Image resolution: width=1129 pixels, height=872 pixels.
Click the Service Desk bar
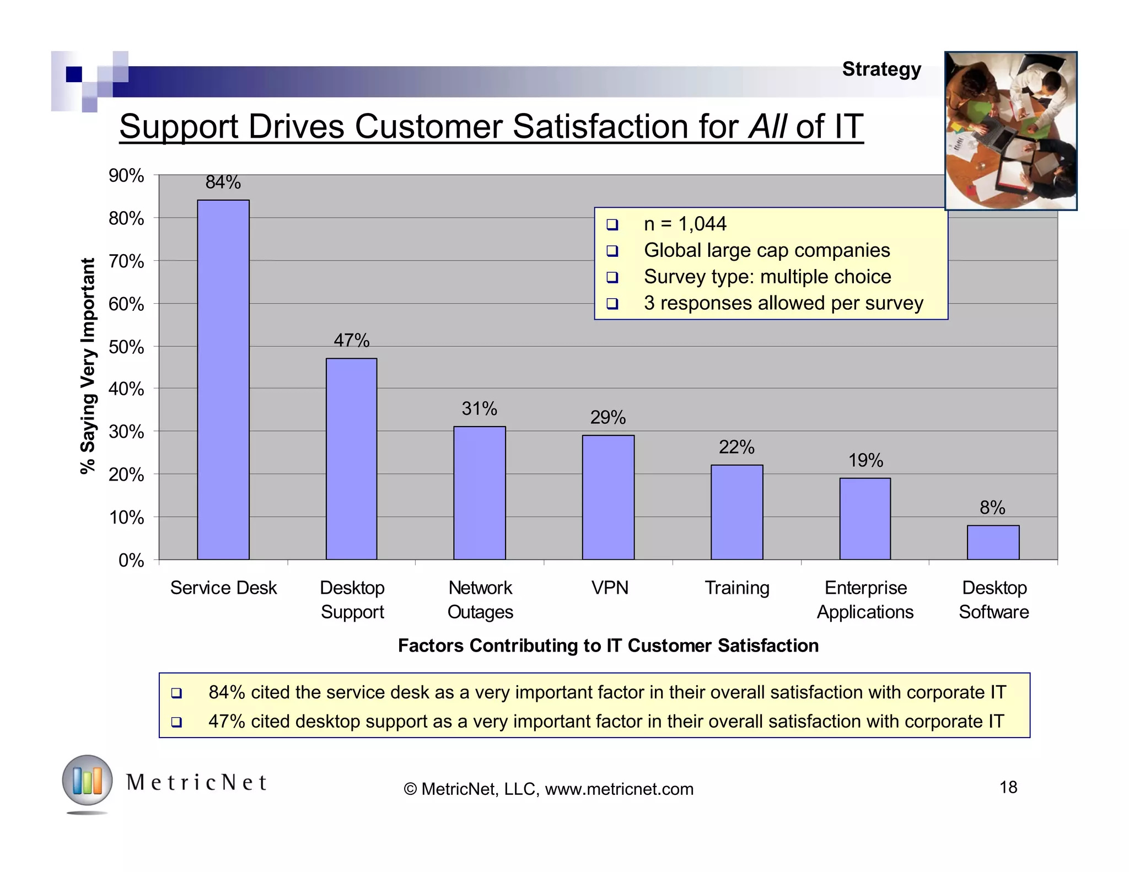223,380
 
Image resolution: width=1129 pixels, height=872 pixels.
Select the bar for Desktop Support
351,459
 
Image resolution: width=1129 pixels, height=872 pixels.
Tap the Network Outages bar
480,493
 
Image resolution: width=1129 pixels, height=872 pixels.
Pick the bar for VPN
608,497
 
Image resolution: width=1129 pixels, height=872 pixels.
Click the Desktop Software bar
993,542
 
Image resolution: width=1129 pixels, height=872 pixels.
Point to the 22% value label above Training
736,447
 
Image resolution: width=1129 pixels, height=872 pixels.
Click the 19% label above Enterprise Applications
865,460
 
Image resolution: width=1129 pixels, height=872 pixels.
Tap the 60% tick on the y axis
126,304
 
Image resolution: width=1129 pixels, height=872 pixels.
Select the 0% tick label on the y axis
131,561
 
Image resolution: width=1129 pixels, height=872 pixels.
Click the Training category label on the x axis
737,588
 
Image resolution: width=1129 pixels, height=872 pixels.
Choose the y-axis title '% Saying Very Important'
88,366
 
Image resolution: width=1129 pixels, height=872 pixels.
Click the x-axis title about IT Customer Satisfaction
608,645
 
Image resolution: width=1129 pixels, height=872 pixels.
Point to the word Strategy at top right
881,69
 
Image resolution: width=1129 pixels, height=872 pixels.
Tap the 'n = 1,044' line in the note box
685,224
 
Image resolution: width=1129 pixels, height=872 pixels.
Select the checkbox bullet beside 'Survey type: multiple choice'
612,277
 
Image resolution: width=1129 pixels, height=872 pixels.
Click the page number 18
1008,787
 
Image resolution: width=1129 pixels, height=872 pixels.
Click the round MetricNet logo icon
87,781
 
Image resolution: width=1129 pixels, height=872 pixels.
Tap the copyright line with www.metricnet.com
549,789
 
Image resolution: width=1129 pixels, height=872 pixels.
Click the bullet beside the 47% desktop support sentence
176,722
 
